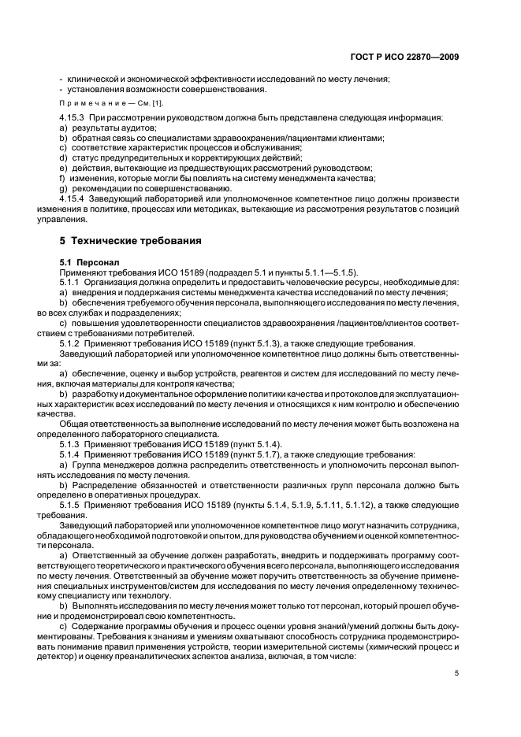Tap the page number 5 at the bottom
point(456,673)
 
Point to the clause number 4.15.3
point(75,118)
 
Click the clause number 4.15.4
point(75,198)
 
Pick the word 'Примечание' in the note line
point(84,105)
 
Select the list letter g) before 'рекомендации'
point(63,189)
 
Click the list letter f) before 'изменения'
point(62,179)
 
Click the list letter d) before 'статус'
point(63,158)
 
